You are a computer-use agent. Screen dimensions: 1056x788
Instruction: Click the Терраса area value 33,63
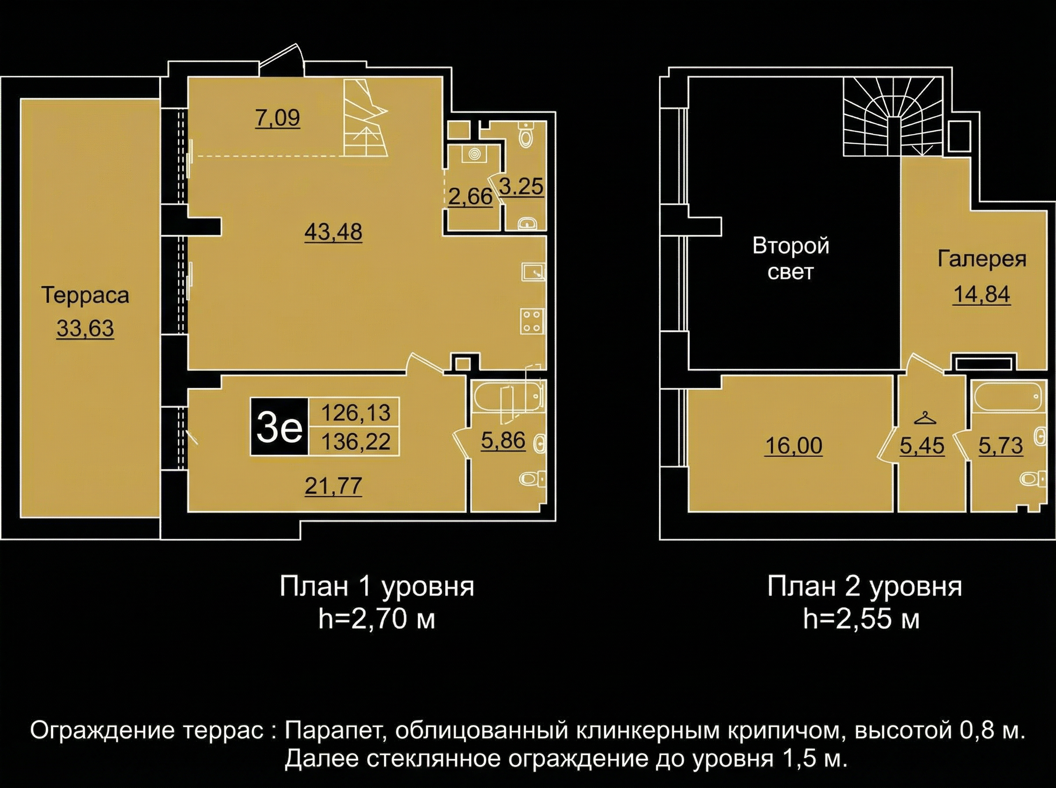(85, 328)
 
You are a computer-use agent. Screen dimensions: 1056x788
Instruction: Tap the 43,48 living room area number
(334, 232)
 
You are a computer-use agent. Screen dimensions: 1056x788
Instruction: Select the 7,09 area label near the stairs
(278, 118)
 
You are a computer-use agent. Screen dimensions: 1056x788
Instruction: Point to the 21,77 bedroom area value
(334, 486)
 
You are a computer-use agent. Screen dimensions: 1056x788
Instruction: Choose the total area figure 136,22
(356, 441)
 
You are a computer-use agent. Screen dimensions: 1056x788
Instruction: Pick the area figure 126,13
(356, 412)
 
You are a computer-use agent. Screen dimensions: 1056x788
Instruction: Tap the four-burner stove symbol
(532, 321)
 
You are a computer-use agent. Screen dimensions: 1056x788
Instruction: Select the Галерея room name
(982, 259)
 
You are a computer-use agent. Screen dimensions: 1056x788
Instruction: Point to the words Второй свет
(791, 259)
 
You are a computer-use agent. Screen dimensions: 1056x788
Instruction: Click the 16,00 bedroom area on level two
(794, 446)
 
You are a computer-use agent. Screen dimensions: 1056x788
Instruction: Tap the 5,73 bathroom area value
(1001, 446)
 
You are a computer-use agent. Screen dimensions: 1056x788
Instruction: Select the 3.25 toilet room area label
(521, 186)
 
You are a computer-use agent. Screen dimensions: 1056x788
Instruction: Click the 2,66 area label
(470, 196)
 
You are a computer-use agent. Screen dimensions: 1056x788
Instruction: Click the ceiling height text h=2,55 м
(862, 620)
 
